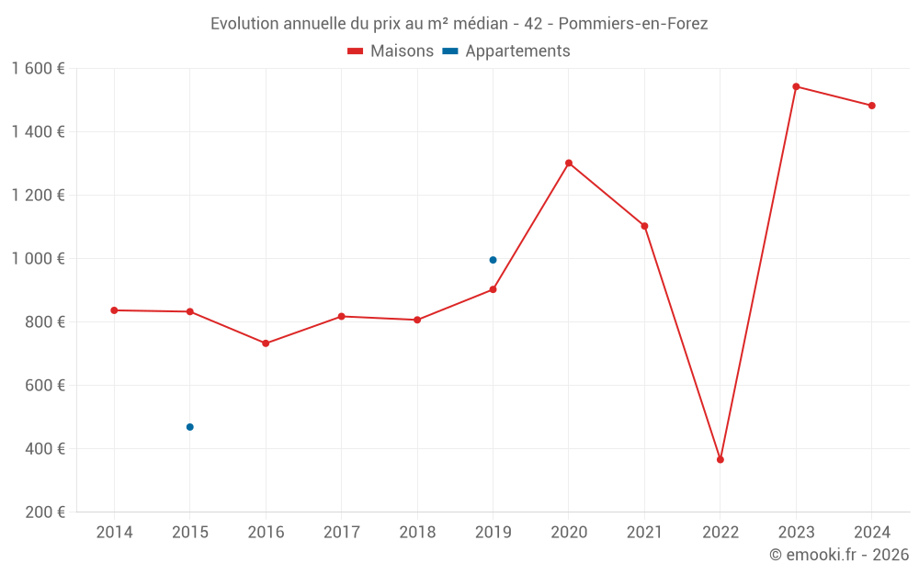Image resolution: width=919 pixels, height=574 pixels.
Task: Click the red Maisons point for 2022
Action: [x=720, y=459]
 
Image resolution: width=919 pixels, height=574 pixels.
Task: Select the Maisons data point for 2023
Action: [x=796, y=86]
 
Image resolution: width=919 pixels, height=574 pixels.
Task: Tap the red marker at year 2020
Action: [x=569, y=163]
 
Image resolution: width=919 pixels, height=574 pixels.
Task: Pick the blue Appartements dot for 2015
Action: [x=190, y=427]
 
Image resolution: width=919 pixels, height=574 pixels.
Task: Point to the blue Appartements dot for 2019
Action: [x=493, y=260]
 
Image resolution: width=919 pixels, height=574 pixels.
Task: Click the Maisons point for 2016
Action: [x=266, y=343]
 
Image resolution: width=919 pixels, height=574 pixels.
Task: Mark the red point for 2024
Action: [x=871, y=106]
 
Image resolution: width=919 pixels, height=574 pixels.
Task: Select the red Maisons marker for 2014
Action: [x=114, y=310]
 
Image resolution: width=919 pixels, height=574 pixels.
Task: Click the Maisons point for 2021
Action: [x=644, y=226]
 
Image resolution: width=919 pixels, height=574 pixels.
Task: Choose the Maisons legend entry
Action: [x=391, y=51]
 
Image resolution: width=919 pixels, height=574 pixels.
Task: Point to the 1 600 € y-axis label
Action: [x=39, y=69]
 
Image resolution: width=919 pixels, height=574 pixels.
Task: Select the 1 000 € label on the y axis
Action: [x=39, y=259]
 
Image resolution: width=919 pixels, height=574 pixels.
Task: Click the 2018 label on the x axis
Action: [x=417, y=533]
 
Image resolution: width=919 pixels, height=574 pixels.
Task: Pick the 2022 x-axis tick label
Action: [x=720, y=533]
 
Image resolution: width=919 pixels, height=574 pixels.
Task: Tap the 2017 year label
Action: [x=341, y=533]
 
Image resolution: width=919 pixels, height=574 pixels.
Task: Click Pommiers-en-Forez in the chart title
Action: [x=633, y=24]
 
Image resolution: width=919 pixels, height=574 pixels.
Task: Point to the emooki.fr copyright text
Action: [x=839, y=555]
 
